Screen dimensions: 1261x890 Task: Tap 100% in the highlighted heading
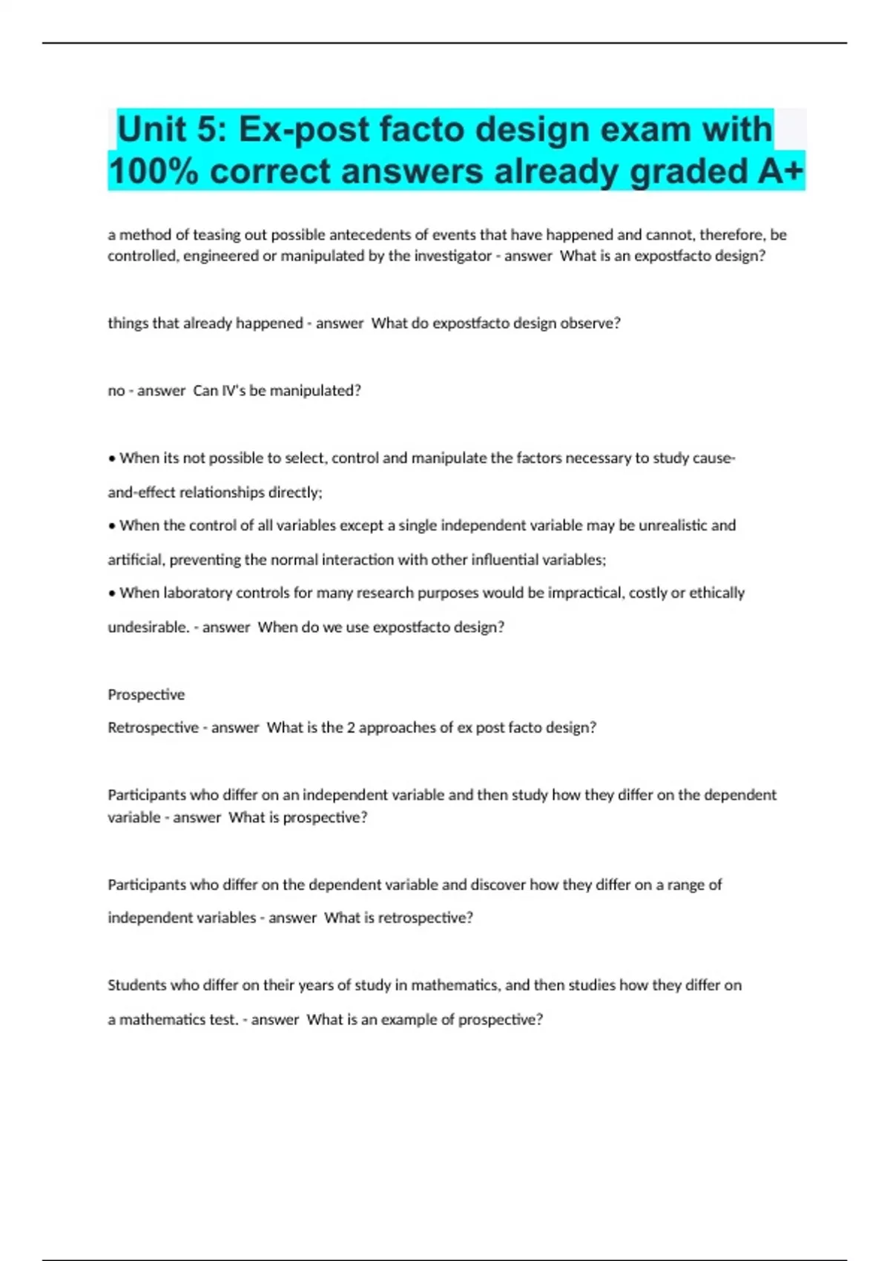[x=154, y=172]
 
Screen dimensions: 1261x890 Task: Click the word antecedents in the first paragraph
[x=369, y=235]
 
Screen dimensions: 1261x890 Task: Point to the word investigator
[x=453, y=256]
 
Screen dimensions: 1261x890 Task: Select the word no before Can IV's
[x=116, y=391]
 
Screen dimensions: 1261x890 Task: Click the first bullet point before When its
[x=112, y=458]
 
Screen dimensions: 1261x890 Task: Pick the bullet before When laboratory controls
[x=112, y=593]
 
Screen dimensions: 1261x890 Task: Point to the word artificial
[x=136, y=560]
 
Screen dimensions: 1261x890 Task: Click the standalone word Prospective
[x=146, y=695]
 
